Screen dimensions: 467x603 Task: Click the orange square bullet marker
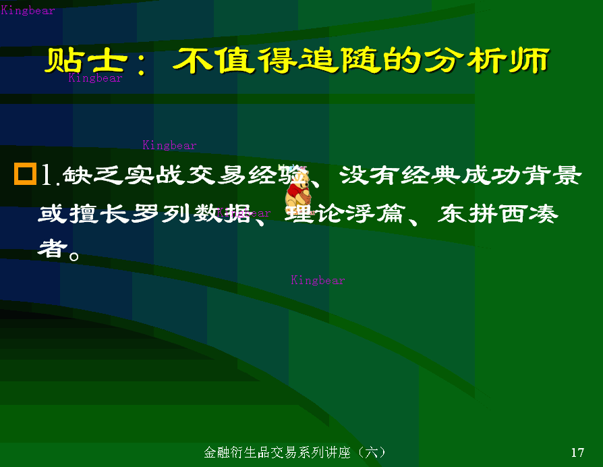25,174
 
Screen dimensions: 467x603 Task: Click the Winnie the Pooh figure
297,189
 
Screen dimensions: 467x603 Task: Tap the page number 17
577,452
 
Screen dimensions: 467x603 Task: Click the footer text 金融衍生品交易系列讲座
277,452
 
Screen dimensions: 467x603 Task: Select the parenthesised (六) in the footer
370,452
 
